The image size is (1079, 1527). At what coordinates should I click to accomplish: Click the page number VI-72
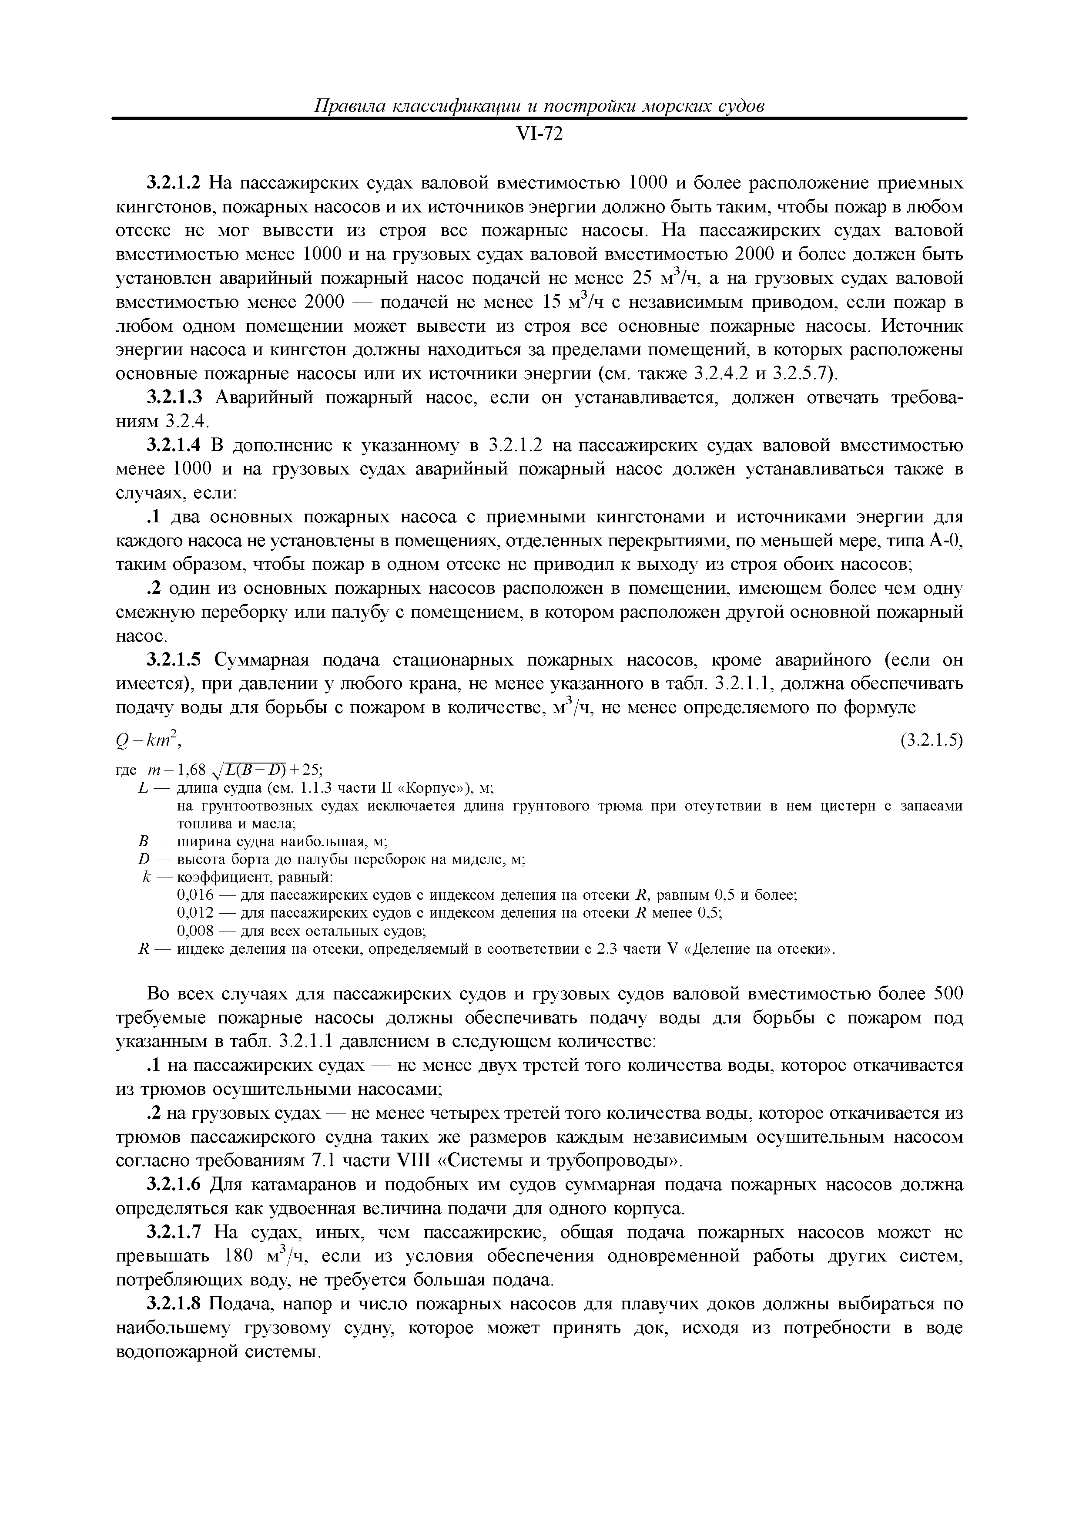tap(539, 135)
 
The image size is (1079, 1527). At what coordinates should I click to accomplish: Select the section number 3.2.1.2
tap(174, 183)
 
